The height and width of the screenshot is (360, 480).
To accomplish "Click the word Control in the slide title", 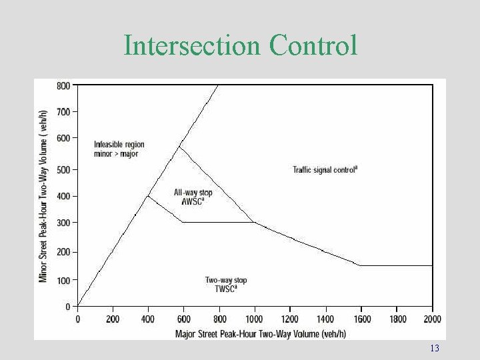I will (313, 45).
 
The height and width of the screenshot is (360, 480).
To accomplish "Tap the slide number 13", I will (435, 349).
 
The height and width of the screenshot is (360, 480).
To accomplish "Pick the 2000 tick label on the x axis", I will (433, 319).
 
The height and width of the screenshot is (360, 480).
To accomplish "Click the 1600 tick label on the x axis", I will (361, 319).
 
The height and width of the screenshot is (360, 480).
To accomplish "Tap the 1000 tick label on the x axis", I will (255, 319).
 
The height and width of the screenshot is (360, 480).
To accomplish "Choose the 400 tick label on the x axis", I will (148, 319).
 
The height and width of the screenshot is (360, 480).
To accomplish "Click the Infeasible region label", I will (119, 149).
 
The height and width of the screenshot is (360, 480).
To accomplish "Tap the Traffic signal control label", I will (325, 170).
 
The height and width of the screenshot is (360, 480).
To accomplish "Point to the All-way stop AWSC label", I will (193, 197).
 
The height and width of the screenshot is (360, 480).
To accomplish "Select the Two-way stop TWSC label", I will (225, 285).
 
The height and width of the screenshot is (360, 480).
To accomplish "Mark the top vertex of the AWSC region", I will (179, 147).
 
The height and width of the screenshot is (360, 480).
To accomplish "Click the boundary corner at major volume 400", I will (148, 195).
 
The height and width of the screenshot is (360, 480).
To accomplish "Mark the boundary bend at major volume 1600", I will (361, 265).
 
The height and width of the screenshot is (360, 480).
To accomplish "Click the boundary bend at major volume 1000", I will (255, 222).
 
